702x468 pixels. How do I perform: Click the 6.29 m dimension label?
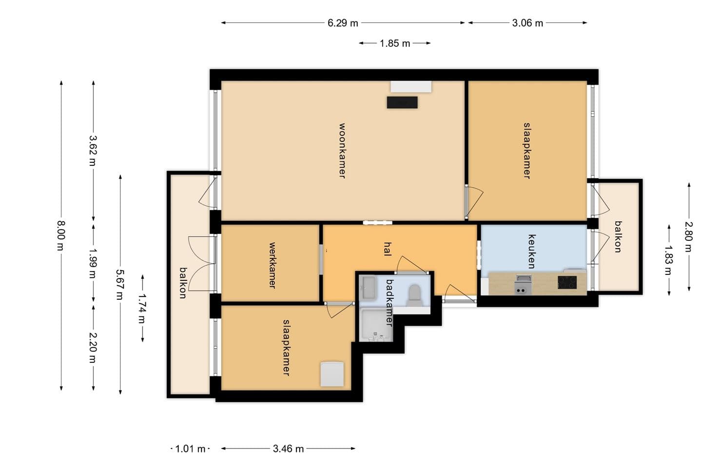(x=343, y=23)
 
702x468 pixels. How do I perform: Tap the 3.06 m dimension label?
(x=527, y=23)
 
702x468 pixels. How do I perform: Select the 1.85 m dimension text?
(x=395, y=43)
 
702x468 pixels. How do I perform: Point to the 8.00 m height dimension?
(x=61, y=236)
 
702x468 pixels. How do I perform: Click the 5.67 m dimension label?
(x=120, y=284)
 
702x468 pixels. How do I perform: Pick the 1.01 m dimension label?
(x=190, y=449)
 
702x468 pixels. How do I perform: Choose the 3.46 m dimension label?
(x=288, y=449)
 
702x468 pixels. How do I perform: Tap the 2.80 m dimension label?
(x=688, y=237)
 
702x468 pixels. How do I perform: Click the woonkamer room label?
(x=343, y=151)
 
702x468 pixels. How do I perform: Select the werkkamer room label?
(x=273, y=265)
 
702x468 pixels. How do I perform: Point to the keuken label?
(x=532, y=252)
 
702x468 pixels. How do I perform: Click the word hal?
(x=388, y=249)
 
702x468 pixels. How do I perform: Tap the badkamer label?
(x=390, y=302)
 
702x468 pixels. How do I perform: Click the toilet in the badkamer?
(x=414, y=294)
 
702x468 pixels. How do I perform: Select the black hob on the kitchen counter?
(x=567, y=282)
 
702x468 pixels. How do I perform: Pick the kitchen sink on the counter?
(x=523, y=285)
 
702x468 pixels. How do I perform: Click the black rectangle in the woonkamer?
(x=402, y=102)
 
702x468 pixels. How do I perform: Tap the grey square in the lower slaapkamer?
(x=332, y=374)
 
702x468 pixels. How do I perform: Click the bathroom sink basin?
(x=369, y=288)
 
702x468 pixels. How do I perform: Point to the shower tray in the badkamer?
(x=376, y=325)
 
